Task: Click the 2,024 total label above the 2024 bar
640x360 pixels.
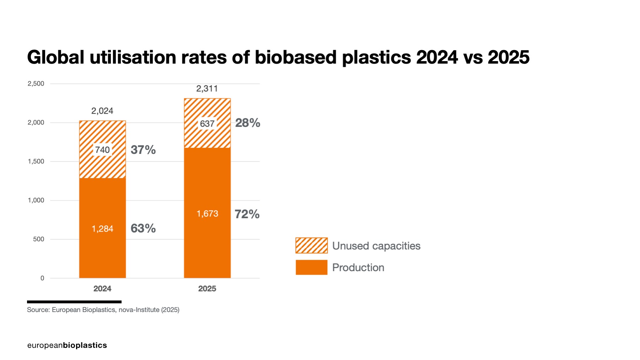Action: coord(102,111)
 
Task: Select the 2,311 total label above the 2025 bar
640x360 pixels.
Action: coord(207,88)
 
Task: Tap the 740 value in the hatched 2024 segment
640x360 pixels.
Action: coord(102,150)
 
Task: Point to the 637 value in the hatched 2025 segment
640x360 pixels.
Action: coord(207,124)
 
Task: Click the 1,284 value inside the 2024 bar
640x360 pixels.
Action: coord(102,229)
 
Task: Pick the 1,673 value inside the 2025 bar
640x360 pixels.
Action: coord(207,214)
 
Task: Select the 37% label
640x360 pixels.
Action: coord(143,150)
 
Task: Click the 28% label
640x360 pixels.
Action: coord(248,123)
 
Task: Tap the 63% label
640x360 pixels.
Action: coord(143,228)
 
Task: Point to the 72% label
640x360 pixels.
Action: coord(247,214)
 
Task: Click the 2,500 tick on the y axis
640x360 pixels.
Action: coord(36,84)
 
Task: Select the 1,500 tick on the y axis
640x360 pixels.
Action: coord(36,161)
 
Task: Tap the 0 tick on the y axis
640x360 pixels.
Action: coord(42,278)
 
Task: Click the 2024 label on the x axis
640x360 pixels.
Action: coord(102,289)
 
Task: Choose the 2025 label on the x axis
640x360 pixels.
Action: coord(207,289)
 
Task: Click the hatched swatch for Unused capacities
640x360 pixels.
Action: coord(311,246)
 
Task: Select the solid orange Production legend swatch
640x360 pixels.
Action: coord(311,267)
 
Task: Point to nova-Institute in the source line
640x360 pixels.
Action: coord(139,310)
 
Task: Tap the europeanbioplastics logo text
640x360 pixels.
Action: coord(67,345)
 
